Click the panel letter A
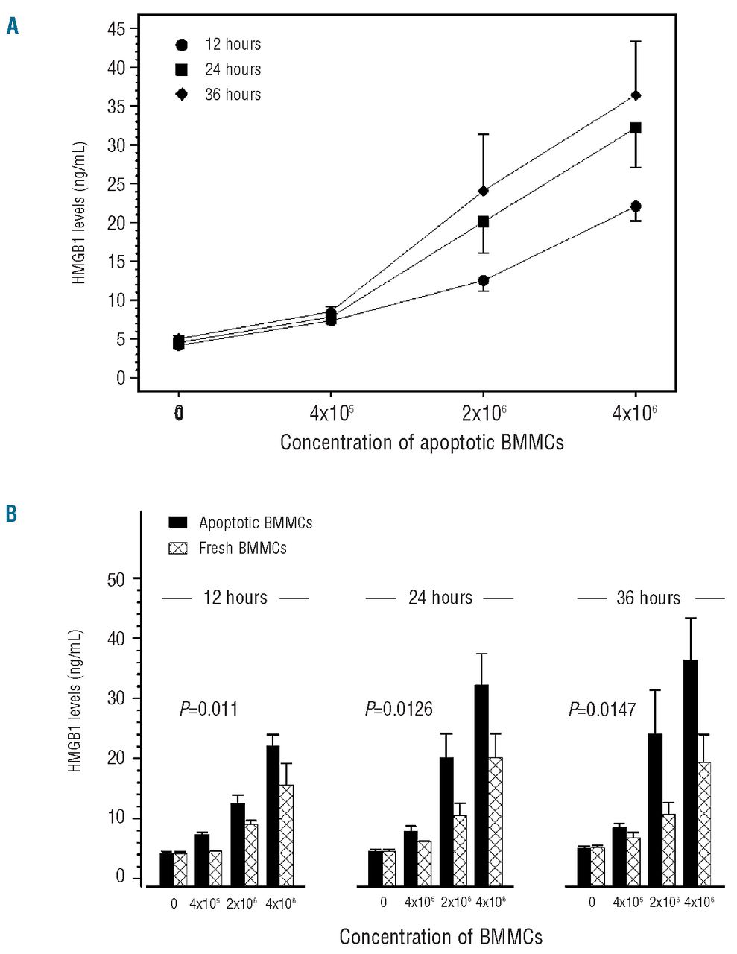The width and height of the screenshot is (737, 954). (x=13, y=28)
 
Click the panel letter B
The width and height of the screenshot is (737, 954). (x=12, y=514)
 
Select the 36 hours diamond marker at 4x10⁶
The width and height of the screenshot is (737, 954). (x=636, y=95)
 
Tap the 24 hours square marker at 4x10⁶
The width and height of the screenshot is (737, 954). (x=636, y=128)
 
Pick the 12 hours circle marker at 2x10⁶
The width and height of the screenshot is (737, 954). (x=484, y=281)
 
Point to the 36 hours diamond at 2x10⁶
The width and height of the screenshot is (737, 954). (x=484, y=191)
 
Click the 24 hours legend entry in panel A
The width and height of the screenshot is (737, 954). (x=218, y=69)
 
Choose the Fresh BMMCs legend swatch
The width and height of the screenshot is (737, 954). (x=177, y=548)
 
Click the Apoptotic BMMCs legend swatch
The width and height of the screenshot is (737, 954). (x=177, y=522)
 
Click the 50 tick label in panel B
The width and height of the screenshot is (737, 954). (x=116, y=578)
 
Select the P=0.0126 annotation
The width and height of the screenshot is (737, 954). (x=399, y=709)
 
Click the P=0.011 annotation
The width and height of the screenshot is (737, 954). (x=209, y=709)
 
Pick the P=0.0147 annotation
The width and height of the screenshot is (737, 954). (x=602, y=709)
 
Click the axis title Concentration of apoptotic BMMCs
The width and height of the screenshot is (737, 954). (x=422, y=443)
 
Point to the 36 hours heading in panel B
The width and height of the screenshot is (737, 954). (x=648, y=598)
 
